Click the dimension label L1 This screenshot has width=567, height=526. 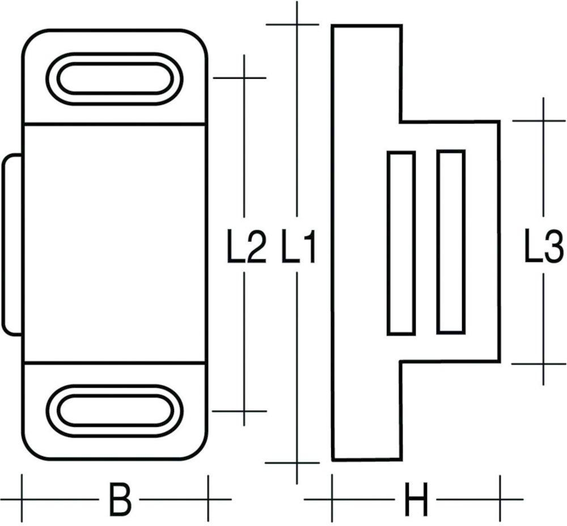pyautogui.click(x=299, y=248)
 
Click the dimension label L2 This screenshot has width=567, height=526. pyautogui.click(x=247, y=248)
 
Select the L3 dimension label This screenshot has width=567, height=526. pyautogui.click(x=543, y=248)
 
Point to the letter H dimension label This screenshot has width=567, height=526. pyautogui.click(x=416, y=499)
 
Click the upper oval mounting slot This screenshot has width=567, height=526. pyautogui.click(x=114, y=79)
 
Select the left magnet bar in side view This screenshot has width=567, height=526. pyautogui.click(x=401, y=243)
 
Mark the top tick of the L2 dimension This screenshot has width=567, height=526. pyautogui.click(x=244, y=78)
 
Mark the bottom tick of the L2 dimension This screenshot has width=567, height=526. pyautogui.click(x=244, y=411)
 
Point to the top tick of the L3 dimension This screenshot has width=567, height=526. pyautogui.click(x=543, y=121)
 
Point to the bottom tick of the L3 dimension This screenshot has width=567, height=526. pyautogui.click(x=543, y=363)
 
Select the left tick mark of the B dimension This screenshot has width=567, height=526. pyautogui.click(x=22, y=499)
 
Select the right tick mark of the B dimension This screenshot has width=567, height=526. pyautogui.click(x=208, y=499)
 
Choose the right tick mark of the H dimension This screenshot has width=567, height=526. pyautogui.click(x=500, y=499)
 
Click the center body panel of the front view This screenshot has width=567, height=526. pyautogui.click(x=114, y=243)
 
